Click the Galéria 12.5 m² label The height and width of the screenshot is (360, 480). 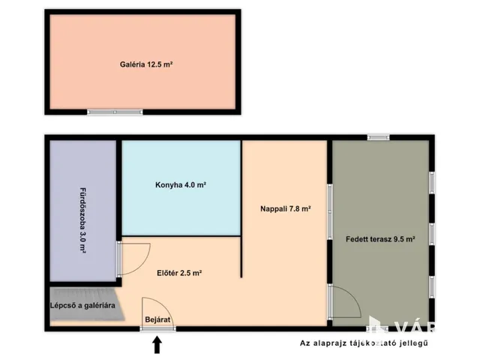pyautogui.click(x=146, y=64)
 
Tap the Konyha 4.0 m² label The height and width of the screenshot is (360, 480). pyautogui.click(x=181, y=185)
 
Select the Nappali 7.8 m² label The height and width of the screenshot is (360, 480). pyautogui.click(x=286, y=208)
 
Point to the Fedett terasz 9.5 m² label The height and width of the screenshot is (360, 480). pyautogui.click(x=380, y=239)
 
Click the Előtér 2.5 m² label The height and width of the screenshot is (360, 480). pyautogui.click(x=179, y=273)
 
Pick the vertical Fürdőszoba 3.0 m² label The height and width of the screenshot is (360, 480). pyautogui.click(x=82, y=221)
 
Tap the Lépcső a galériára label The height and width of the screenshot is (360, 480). pyautogui.click(x=82, y=305)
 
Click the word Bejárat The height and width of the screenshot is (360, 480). pyautogui.click(x=157, y=320)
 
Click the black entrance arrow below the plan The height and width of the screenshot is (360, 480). pyautogui.click(x=157, y=345)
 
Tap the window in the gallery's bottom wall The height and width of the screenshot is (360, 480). pyautogui.click(x=115, y=112)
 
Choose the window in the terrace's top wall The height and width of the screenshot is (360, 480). pyautogui.click(x=378, y=137)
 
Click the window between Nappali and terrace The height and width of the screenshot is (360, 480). pyautogui.click(x=330, y=211)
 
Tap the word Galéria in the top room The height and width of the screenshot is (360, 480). pyautogui.click(x=132, y=64)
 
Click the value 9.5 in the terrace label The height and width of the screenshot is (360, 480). pyautogui.click(x=398, y=239)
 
